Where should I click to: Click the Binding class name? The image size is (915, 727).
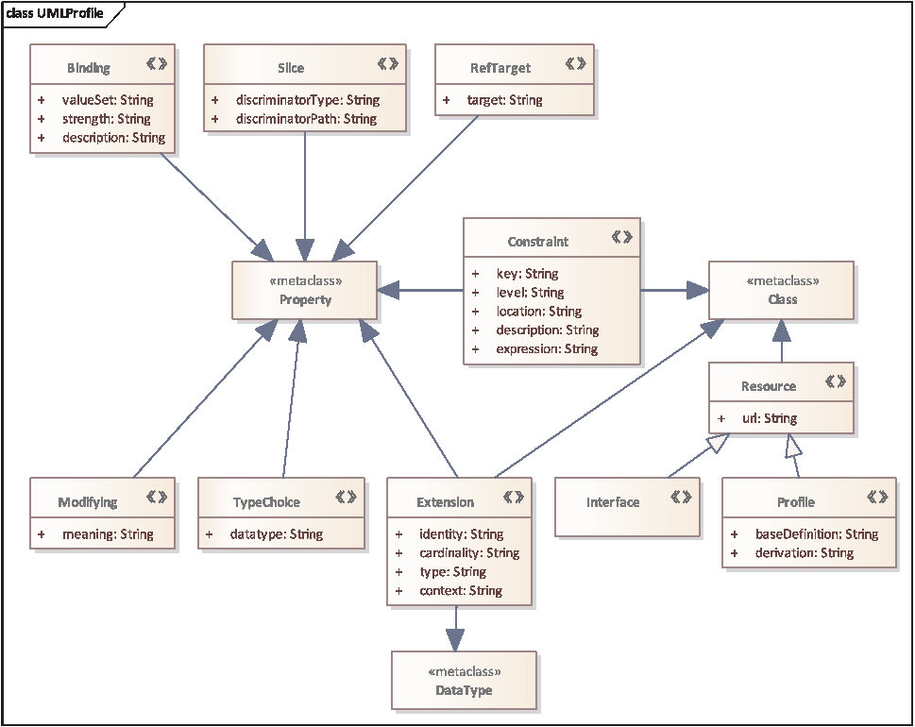click(x=88, y=68)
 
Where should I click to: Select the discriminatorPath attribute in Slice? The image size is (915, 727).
click(x=306, y=119)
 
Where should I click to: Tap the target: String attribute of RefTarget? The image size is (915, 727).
click(x=505, y=100)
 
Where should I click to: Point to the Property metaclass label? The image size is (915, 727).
click(x=305, y=300)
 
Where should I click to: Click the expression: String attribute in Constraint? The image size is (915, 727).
click(x=547, y=349)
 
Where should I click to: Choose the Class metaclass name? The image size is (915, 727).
click(x=782, y=299)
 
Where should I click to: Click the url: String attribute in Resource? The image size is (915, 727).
click(x=770, y=418)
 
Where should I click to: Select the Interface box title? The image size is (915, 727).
click(x=613, y=502)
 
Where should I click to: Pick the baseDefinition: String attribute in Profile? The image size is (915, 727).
click(x=817, y=533)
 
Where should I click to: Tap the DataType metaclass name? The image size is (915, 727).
click(x=464, y=690)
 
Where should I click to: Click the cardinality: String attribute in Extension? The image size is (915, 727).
click(x=469, y=552)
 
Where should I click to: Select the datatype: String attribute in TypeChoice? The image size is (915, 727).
click(x=276, y=533)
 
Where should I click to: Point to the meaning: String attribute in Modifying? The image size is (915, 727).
click(x=108, y=533)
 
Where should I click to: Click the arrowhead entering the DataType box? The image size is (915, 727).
click(x=455, y=640)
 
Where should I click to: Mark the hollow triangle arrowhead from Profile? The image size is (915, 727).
click(x=793, y=446)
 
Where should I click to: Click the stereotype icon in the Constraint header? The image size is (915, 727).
click(x=622, y=237)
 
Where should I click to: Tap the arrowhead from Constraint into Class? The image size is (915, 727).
click(x=697, y=290)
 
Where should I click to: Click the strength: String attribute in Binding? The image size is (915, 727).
click(x=106, y=119)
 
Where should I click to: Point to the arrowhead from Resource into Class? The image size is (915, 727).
click(x=782, y=330)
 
